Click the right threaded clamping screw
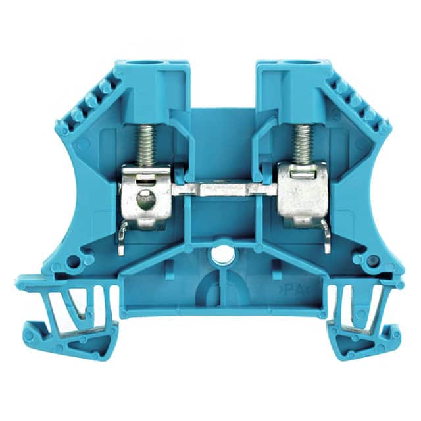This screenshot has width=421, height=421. (302, 145)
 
